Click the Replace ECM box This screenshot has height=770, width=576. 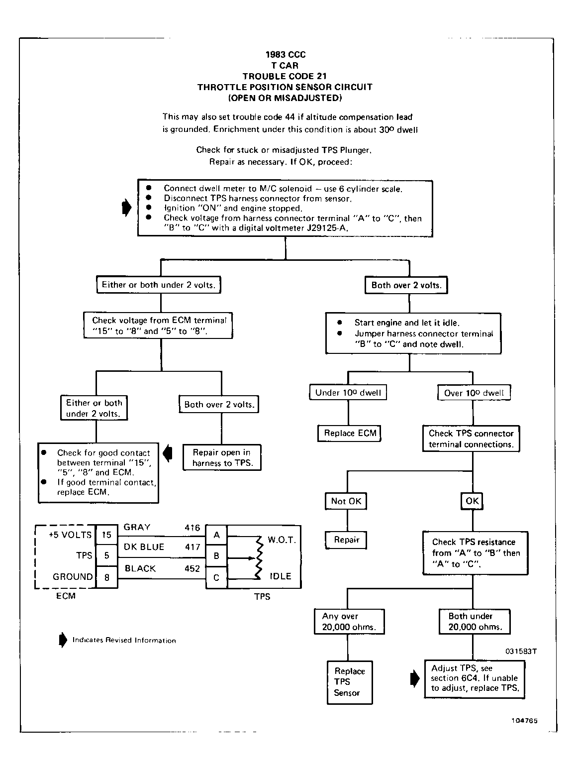coord(349,433)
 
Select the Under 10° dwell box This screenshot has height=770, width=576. coord(348,392)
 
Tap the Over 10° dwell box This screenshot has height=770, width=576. coord(474,393)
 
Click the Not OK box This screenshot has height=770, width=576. coord(346,501)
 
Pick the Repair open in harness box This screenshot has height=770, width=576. coord(222,457)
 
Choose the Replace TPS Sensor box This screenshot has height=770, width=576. coord(350,682)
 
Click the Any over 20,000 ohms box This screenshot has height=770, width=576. coord(349,622)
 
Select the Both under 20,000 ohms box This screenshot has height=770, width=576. coord(475,622)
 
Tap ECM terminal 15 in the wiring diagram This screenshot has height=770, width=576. coord(106,535)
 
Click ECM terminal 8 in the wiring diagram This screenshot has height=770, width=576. coord(106,577)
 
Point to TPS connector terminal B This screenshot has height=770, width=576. coord(216,555)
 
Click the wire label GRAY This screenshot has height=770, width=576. coord(137,527)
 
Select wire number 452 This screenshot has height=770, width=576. coord(192,568)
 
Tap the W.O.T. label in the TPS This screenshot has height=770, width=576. coord(282,540)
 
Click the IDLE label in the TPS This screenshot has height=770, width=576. coord(281,576)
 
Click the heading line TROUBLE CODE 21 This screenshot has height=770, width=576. coord(285,76)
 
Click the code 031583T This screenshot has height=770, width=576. coord(521,651)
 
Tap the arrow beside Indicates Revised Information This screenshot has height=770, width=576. coord(63,640)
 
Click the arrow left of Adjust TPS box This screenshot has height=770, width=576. coord(415,678)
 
